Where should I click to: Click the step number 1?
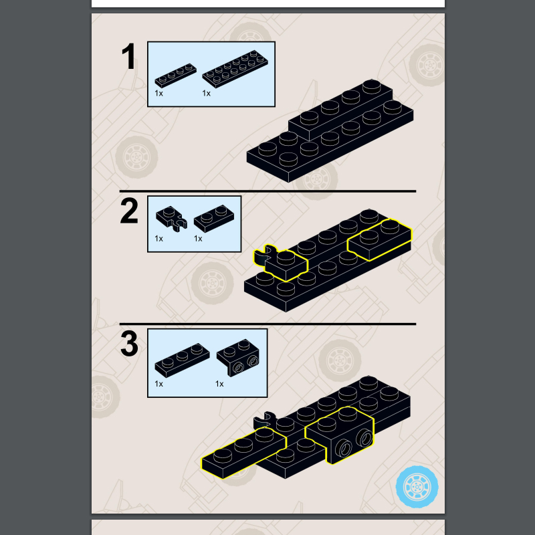pyautogui.click(x=128, y=56)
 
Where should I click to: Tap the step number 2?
pyautogui.click(x=129, y=211)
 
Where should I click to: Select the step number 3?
pyautogui.click(x=129, y=344)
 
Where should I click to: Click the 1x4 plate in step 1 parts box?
pyautogui.click(x=175, y=76)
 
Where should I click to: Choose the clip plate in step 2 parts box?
pyautogui.click(x=172, y=219)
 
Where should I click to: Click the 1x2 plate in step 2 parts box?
pyautogui.click(x=214, y=219)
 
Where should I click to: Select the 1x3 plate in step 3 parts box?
pyautogui.click(x=182, y=360)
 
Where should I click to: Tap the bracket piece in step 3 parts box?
pyautogui.click(x=238, y=358)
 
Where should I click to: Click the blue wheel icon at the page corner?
pyautogui.click(x=417, y=487)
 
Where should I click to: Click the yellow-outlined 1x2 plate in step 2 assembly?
pyautogui.click(x=379, y=240)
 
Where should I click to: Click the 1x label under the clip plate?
pyautogui.click(x=158, y=239)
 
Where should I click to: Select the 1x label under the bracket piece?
pyautogui.click(x=219, y=384)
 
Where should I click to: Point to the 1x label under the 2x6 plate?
pyautogui.click(x=206, y=93)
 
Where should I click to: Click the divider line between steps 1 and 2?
pyautogui.click(x=267, y=191)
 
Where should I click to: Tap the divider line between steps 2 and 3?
pyautogui.click(x=267, y=324)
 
